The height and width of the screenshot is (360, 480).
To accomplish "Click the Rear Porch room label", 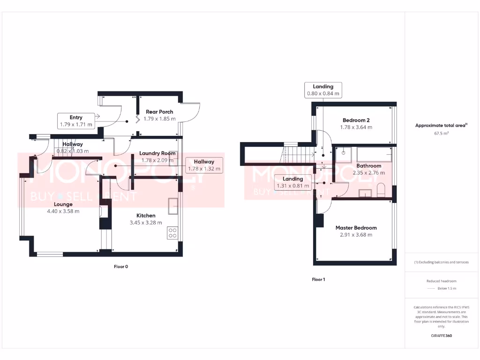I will pyautogui.click(x=159, y=112).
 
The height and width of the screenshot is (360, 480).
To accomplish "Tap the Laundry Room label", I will pyautogui.click(x=157, y=153).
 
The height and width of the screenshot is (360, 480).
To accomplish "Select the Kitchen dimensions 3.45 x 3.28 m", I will pyautogui.click(x=146, y=223).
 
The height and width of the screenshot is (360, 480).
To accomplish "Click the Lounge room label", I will pyautogui.click(x=63, y=204).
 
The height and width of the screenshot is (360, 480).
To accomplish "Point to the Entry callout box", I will pyautogui.click(x=76, y=121).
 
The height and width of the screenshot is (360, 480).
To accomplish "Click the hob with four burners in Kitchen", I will pyautogui.click(x=172, y=233).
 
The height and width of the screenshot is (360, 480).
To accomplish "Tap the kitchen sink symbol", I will pyautogui.click(x=172, y=204).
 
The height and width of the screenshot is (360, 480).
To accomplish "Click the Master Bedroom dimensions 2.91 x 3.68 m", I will pyautogui.click(x=356, y=235).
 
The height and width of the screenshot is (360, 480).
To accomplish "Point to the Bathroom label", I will pyautogui.click(x=368, y=166).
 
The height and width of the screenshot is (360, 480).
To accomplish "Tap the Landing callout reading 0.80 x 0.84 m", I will pyautogui.click(x=323, y=90).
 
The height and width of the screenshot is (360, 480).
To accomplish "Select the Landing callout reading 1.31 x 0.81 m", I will pyautogui.click(x=292, y=182).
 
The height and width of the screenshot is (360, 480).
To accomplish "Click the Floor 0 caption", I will pyautogui.click(x=121, y=267).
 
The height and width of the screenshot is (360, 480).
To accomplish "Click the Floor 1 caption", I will pyautogui.click(x=318, y=279).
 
